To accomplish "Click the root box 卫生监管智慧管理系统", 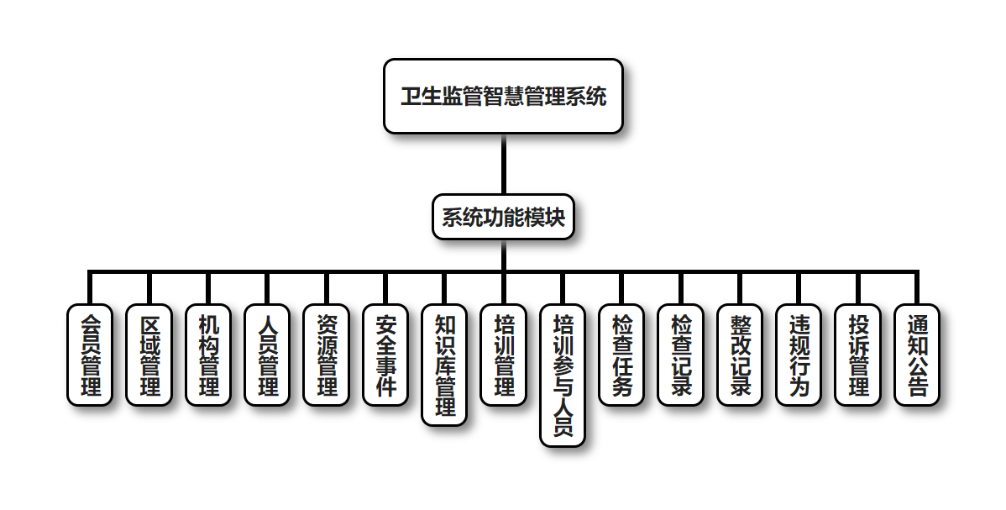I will pyautogui.click(x=502, y=96).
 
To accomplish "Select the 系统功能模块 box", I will pyautogui.click(x=502, y=218).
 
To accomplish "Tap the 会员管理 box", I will pyautogui.click(x=89, y=355).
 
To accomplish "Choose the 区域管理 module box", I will pyautogui.click(x=149, y=355).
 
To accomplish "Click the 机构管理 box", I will pyautogui.click(x=207, y=355).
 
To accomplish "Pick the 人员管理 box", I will pyautogui.click(x=266, y=355).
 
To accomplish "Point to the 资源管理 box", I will pyautogui.click(x=326, y=355).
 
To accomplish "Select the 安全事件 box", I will pyautogui.click(x=385, y=355).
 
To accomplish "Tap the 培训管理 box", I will pyautogui.click(x=503, y=355).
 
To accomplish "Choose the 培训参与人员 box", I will pyautogui.click(x=562, y=375).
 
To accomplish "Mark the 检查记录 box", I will pyautogui.click(x=680, y=355).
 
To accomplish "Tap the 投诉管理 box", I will pyautogui.click(x=857, y=355).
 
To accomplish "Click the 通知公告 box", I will pyautogui.click(x=916, y=355).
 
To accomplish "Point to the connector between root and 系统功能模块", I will pyautogui.click(x=503, y=164).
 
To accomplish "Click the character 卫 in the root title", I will pyautogui.click(x=411, y=97).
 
